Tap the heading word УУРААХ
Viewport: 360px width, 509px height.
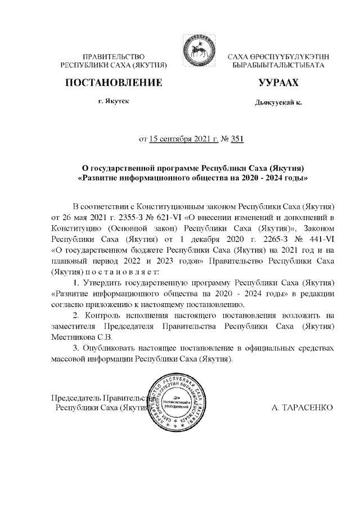(277, 84)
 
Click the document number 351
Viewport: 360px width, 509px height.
(237, 139)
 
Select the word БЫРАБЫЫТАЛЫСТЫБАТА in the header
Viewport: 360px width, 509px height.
(278, 66)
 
